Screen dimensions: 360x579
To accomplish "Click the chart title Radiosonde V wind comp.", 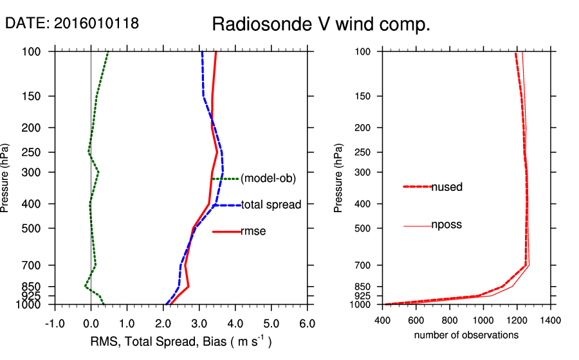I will pos(320,24).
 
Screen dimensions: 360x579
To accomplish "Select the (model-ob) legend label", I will pos(268,179).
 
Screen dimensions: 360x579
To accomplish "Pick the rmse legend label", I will pos(253,231).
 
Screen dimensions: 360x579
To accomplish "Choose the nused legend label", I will pos(447,187).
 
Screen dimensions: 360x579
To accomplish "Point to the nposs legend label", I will pos(446,225).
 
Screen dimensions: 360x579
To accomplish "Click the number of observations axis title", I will pos(466,335).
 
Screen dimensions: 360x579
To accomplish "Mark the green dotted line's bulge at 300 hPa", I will pos(98,172).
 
